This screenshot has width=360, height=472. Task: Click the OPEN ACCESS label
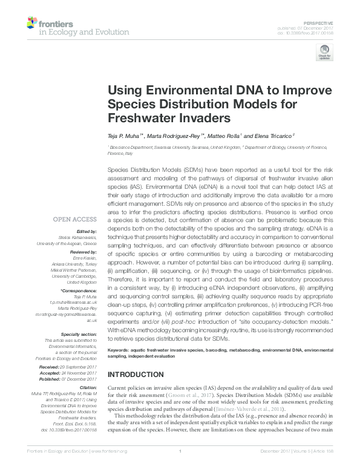pos(76,219)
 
